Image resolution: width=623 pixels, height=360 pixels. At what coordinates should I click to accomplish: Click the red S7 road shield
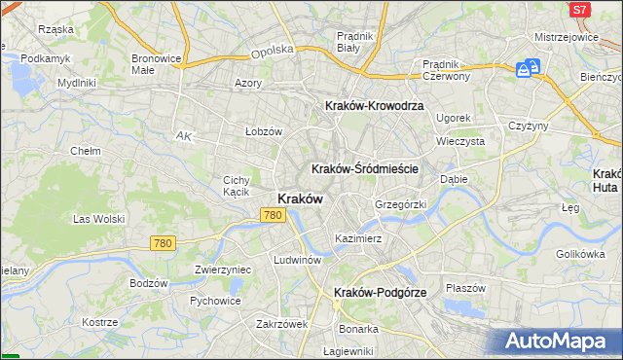tap(579, 9)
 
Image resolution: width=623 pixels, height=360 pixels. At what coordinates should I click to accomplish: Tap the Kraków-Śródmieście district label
tap(365, 168)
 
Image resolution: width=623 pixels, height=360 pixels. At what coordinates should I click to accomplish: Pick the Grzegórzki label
tap(401, 205)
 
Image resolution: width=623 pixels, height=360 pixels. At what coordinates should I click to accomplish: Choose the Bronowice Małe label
tap(157, 64)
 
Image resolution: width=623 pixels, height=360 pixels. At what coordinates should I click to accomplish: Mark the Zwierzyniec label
tap(223, 270)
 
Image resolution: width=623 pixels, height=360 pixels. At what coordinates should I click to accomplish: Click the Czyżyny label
tap(530, 126)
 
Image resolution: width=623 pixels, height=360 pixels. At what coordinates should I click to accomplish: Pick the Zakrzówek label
tap(281, 324)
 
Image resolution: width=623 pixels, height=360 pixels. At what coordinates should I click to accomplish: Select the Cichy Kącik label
tap(238, 185)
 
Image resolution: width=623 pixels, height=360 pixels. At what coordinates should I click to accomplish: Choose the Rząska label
tap(56, 29)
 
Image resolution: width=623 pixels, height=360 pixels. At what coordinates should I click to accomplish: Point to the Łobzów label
tap(263, 130)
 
